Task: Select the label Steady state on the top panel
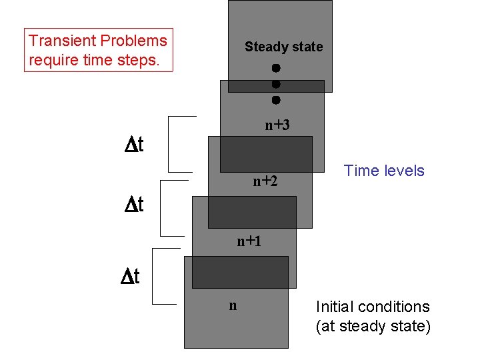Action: (283, 47)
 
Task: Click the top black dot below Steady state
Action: (275, 68)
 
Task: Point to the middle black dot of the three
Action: (275, 85)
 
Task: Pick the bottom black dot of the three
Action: (275, 101)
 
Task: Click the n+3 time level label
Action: (277, 125)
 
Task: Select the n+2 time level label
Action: (265, 181)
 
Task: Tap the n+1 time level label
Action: (249, 241)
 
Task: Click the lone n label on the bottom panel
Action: (233, 306)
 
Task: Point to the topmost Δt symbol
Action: (137, 145)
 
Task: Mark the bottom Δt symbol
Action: (130, 276)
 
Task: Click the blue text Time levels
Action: (384, 171)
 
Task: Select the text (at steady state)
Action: (373, 327)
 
